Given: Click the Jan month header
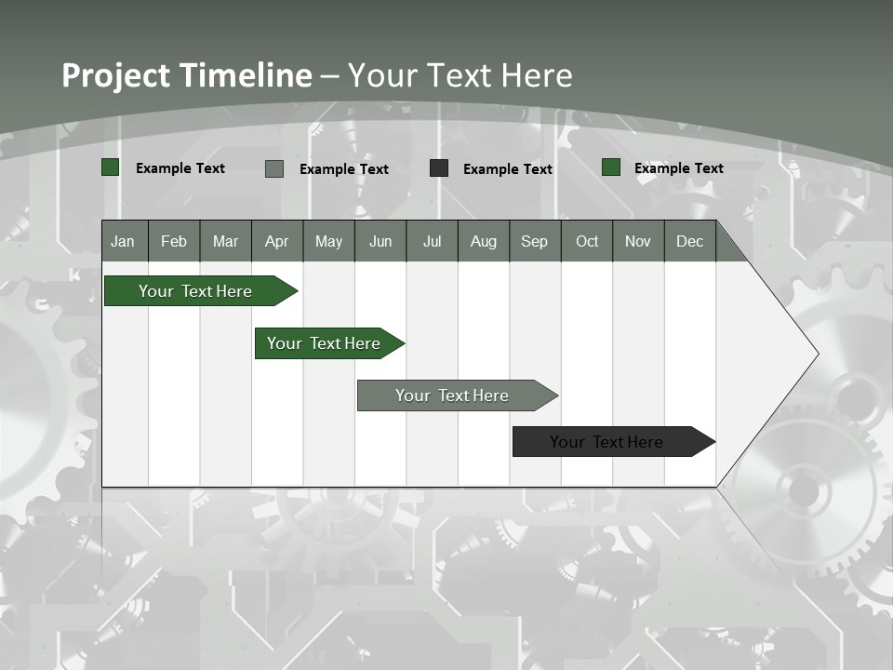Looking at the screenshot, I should (123, 241).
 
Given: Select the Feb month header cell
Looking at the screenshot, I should (174, 241).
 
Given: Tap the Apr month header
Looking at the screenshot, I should (276, 241).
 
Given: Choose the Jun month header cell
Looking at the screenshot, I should (380, 241).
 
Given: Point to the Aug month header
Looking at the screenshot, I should (483, 241).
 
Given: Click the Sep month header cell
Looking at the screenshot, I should (534, 241).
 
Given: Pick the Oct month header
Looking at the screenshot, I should (587, 241).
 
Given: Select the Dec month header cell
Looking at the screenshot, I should (689, 241).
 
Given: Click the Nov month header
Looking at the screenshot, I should (638, 241).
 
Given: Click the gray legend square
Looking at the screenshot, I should (274, 168).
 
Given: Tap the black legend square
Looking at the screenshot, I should (439, 168).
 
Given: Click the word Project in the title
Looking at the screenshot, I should (116, 75).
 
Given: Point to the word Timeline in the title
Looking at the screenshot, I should (246, 75).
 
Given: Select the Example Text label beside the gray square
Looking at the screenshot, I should (344, 169).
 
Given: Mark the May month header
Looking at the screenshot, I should (328, 241).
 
